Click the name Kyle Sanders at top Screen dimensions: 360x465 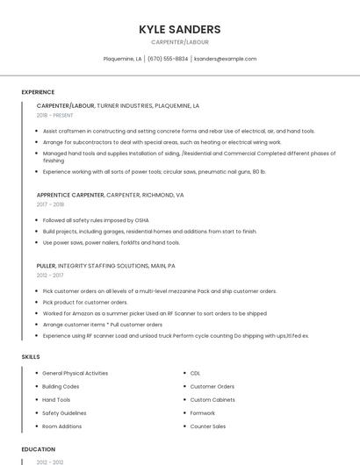tap(179, 29)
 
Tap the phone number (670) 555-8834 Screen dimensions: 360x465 tap(168, 59)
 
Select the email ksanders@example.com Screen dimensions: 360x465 tap(225, 59)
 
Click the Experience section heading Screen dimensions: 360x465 tap(38, 92)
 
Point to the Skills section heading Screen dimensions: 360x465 tap(31, 357)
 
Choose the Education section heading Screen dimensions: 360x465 tap(39, 449)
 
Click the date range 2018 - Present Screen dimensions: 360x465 tap(54, 115)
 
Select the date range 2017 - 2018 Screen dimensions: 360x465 tap(49, 204)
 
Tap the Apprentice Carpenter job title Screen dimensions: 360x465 tap(70, 195)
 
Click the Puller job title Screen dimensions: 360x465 tap(46, 266)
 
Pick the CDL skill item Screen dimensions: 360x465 tap(195, 373)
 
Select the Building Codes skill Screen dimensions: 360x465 tap(61, 386)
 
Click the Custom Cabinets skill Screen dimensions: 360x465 tap(212, 399)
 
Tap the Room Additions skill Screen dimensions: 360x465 tap(61, 426)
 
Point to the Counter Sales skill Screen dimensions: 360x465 tap(208, 426)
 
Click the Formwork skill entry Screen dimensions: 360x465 tap(202, 412)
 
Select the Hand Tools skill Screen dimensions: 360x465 tap(56, 399)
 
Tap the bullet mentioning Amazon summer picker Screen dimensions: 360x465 tap(155, 313)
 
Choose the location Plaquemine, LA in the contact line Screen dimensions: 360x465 tap(122, 59)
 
